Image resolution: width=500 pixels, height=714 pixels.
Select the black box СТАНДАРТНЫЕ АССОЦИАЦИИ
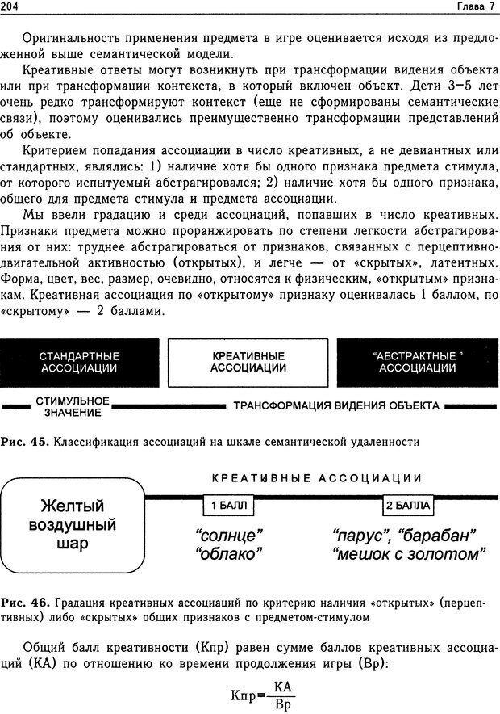pyautogui.click(x=79, y=362)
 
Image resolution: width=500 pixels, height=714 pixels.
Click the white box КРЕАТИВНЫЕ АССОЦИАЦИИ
pyautogui.click(x=248, y=362)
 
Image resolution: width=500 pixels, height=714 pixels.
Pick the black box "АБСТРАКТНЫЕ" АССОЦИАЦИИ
pyautogui.click(x=417, y=362)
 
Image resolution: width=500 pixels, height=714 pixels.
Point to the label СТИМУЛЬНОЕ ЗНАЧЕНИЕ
pyautogui.click(x=73, y=406)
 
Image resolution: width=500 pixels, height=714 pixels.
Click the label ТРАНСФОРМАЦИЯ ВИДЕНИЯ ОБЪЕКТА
pyautogui.click(x=336, y=405)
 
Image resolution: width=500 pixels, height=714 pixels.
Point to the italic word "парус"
pyautogui.click(x=360, y=535)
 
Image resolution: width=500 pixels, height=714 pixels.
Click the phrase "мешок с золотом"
pyautogui.click(x=408, y=554)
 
